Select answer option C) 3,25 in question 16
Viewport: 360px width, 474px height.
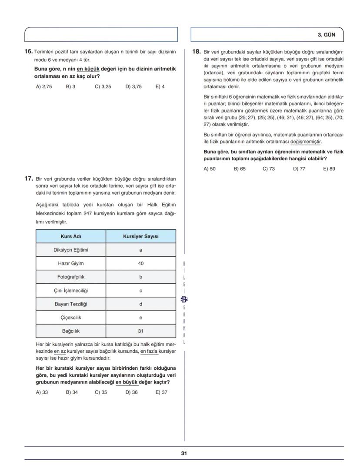click(103, 86)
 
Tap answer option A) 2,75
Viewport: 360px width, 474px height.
click(43, 86)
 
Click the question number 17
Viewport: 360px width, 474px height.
click(28, 178)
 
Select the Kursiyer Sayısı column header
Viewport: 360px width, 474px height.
click(140, 236)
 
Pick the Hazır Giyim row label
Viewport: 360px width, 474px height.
click(71, 263)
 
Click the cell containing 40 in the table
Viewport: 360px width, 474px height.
click(140, 263)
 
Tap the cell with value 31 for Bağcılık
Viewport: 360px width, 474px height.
click(140, 331)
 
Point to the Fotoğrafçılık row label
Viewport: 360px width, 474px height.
click(71, 277)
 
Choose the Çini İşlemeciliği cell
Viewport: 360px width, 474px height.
click(71, 290)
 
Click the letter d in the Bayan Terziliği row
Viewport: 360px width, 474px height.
click(140, 304)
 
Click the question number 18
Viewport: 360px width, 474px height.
click(196, 52)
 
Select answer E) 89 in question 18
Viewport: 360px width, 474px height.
click(329, 169)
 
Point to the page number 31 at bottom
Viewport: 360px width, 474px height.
click(184, 453)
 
